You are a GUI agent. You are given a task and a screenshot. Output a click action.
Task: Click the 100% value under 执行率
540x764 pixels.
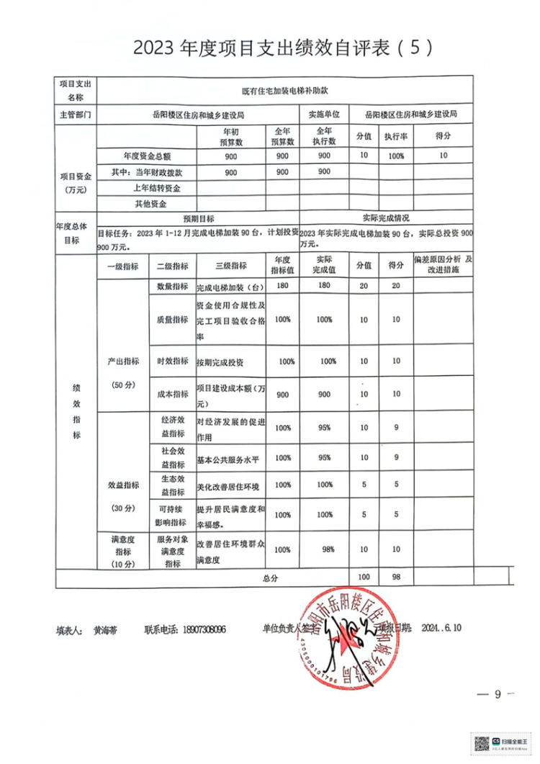(x=396, y=156)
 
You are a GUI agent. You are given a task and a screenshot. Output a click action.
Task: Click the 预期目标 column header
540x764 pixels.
(x=197, y=218)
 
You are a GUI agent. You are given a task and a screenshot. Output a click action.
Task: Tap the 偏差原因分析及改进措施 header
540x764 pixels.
(x=443, y=264)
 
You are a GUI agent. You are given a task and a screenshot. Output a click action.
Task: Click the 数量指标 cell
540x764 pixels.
(x=172, y=286)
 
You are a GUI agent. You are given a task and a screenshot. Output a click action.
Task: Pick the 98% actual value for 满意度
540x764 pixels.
(x=328, y=549)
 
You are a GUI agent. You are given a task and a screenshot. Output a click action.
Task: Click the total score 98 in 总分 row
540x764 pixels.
(x=395, y=578)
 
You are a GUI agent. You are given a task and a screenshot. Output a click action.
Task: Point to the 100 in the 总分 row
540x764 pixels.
(x=363, y=578)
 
